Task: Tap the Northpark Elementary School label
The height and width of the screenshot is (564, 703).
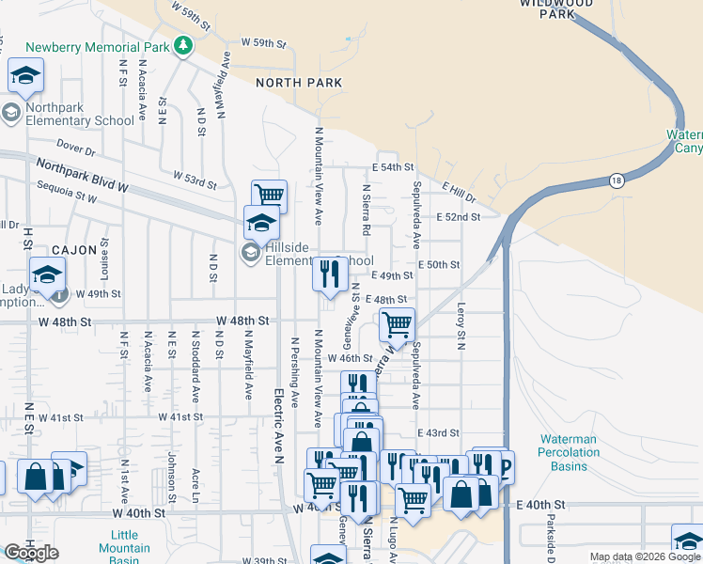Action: [80, 114]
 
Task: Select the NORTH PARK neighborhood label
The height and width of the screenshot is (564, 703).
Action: [300, 83]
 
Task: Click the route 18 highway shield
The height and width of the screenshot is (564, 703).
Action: [616, 180]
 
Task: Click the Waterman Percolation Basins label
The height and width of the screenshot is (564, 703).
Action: [570, 452]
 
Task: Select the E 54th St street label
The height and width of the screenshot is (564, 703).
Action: [393, 166]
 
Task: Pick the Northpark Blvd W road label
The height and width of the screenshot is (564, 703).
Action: [81, 176]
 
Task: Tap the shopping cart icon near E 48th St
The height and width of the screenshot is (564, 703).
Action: [397, 324]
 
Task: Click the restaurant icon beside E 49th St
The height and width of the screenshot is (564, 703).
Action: [329, 274]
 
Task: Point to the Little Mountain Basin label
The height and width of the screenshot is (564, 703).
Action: [118, 547]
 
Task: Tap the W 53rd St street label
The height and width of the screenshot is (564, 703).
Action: [195, 176]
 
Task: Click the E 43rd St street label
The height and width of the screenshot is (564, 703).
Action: [440, 432]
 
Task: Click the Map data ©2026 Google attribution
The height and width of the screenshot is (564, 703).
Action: [646, 556]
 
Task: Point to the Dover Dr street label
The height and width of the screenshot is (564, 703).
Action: [76, 148]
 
